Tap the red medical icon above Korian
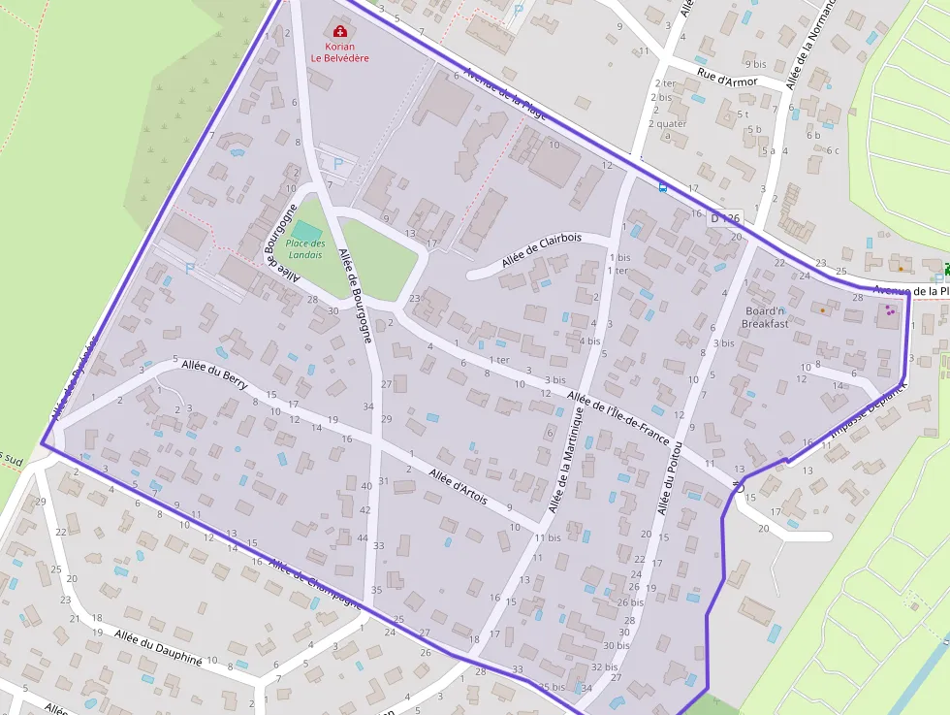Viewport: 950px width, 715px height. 339,31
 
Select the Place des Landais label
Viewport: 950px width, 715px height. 304,248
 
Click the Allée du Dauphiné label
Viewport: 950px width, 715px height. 158,647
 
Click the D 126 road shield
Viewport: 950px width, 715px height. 724,218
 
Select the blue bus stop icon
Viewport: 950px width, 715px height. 662,186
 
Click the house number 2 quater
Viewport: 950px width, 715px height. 668,123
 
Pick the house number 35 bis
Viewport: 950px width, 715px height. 552,687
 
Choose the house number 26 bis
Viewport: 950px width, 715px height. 630,601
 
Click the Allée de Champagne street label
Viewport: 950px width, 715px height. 315,582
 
